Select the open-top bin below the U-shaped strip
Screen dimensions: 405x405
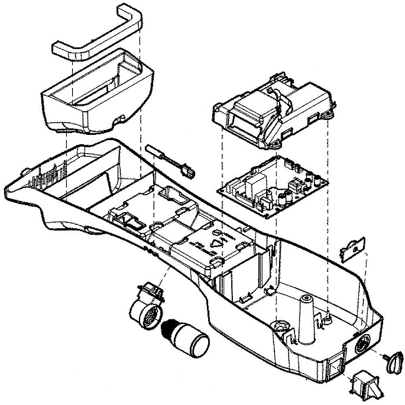tap(97, 93)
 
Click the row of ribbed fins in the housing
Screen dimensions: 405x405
tap(51, 174)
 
